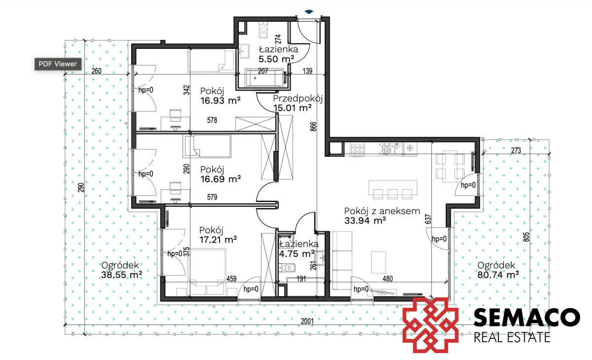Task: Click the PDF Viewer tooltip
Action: (x=58, y=64)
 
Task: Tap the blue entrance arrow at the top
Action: (x=309, y=12)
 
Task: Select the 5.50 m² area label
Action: (x=276, y=59)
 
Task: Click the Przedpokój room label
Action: (x=298, y=99)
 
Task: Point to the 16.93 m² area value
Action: (x=221, y=101)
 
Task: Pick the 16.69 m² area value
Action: (x=221, y=179)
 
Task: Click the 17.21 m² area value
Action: (x=218, y=240)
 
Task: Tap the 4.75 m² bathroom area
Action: (x=297, y=254)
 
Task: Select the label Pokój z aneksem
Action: (x=382, y=211)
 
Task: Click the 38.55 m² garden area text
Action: (x=121, y=275)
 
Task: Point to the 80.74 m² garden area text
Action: (x=498, y=275)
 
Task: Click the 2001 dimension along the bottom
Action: (x=307, y=321)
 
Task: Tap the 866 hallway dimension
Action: (x=313, y=127)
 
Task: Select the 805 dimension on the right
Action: (x=526, y=237)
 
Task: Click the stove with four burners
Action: (x=357, y=149)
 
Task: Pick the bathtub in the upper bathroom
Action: (x=264, y=77)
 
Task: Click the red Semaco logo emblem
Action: (x=430, y=325)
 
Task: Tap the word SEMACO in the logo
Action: (x=527, y=317)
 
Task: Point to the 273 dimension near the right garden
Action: (x=516, y=150)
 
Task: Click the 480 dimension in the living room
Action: (x=387, y=279)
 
